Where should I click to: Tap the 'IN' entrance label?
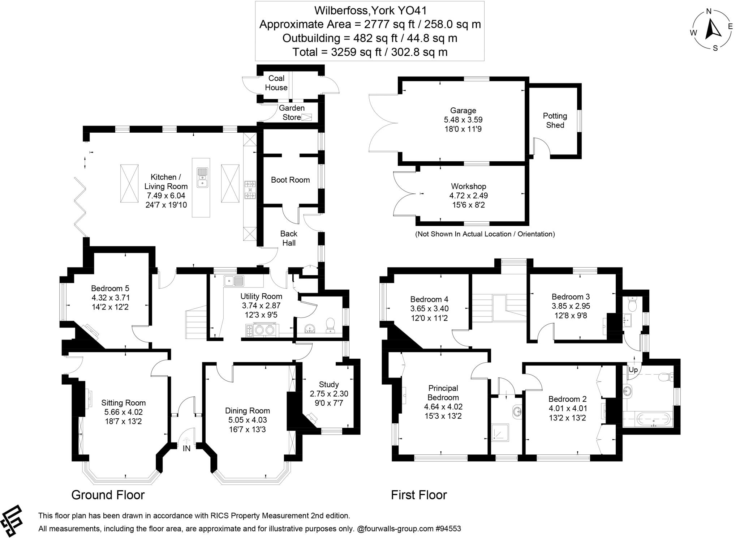point(186,448)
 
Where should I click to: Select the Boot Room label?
point(291,180)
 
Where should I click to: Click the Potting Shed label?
point(555,120)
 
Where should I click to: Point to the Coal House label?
point(276,83)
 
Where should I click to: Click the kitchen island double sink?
point(202,177)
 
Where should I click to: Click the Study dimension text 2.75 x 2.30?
point(329,393)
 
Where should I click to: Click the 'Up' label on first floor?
point(633,370)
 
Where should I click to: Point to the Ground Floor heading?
point(108,495)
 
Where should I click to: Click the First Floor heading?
point(419,495)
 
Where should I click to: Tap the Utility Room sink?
point(234,280)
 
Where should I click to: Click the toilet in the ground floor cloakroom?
point(330,325)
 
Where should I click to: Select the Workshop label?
point(469,186)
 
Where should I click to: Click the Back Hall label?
point(289,238)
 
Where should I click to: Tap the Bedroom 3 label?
point(571,296)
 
